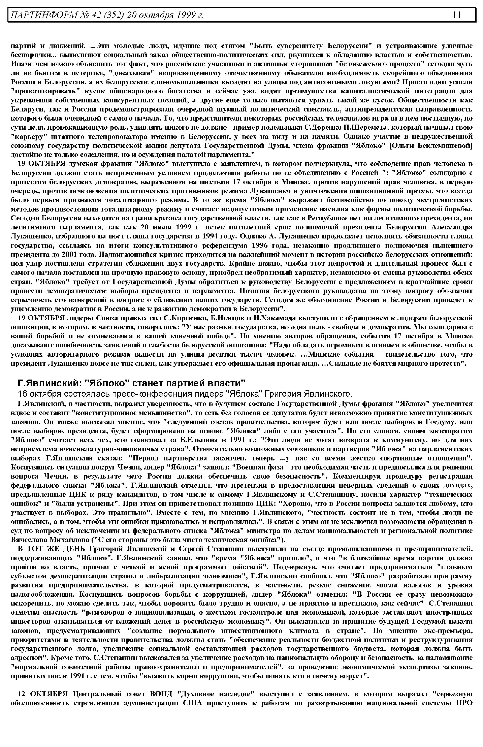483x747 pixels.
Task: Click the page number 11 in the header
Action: [x=456, y=15]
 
